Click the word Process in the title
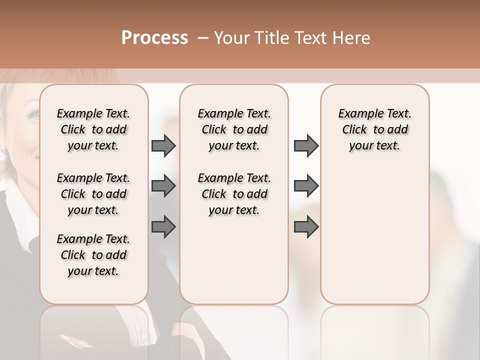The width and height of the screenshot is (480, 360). (154, 38)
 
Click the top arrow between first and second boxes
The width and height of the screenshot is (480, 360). (163, 145)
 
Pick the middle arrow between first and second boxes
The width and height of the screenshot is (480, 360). (163, 186)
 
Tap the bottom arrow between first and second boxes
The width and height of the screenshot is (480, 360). (163, 226)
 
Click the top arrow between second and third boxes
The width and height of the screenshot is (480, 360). (306, 145)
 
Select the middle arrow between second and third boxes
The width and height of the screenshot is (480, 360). (306, 186)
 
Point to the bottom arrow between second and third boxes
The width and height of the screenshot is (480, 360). (306, 226)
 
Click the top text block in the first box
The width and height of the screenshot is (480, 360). (93, 129)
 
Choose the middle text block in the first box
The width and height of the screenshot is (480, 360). (93, 194)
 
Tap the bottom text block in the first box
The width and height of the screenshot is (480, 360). (93, 255)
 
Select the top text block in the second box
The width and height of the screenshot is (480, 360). (234, 129)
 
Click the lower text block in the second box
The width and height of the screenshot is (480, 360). (234, 194)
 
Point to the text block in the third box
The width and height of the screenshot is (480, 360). (375, 129)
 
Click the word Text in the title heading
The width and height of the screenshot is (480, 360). (310, 38)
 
